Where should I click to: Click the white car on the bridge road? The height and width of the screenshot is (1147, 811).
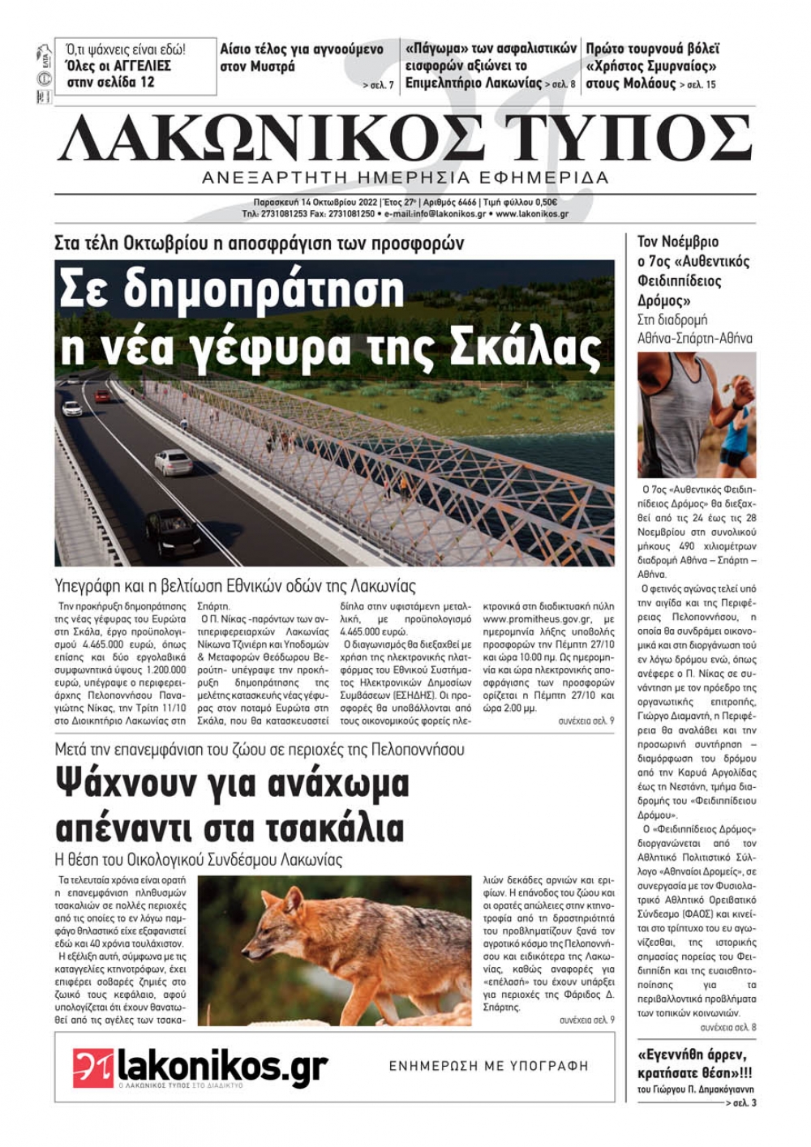pyautogui.click(x=173, y=462)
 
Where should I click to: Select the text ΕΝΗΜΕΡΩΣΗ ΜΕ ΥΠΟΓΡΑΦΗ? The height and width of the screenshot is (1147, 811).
pyautogui.click(x=488, y=1066)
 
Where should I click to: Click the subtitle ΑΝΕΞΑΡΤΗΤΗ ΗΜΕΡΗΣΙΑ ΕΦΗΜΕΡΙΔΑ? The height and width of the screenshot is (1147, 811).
pyautogui.click(x=405, y=178)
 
